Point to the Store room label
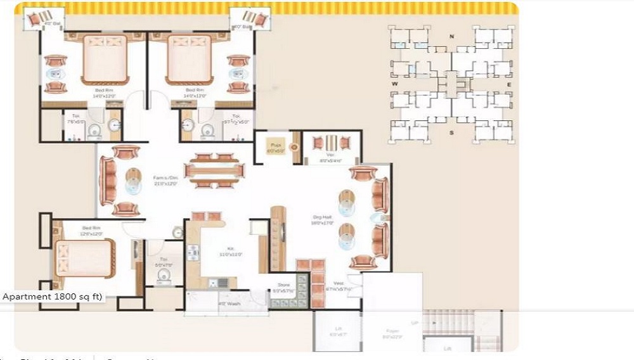coord(283,285)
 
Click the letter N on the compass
coord(451,36)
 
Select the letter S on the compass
coord(451,132)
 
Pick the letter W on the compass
coord(394,83)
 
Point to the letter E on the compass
coord(508,83)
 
